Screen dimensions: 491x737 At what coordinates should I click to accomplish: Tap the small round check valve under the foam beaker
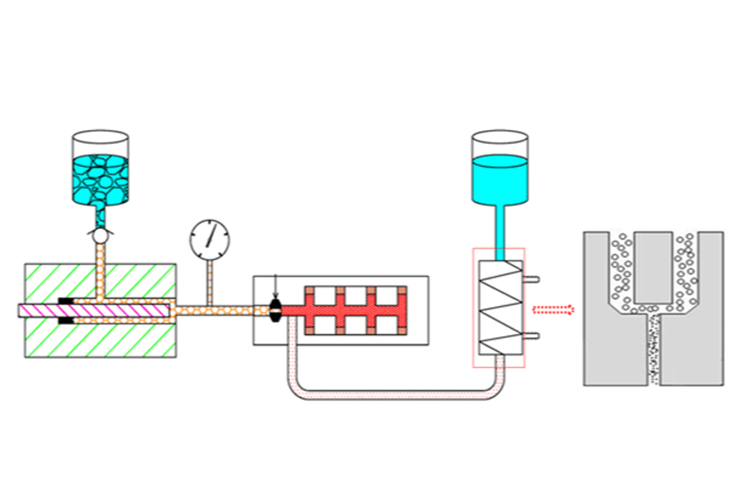click(101, 235)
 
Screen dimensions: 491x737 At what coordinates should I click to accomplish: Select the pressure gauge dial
click(209, 239)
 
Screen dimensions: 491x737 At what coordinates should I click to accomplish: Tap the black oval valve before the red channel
click(276, 310)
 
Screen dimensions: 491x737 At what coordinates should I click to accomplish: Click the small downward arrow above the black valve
click(276, 287)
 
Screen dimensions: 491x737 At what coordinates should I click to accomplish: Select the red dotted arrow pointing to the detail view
click(553, 309)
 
